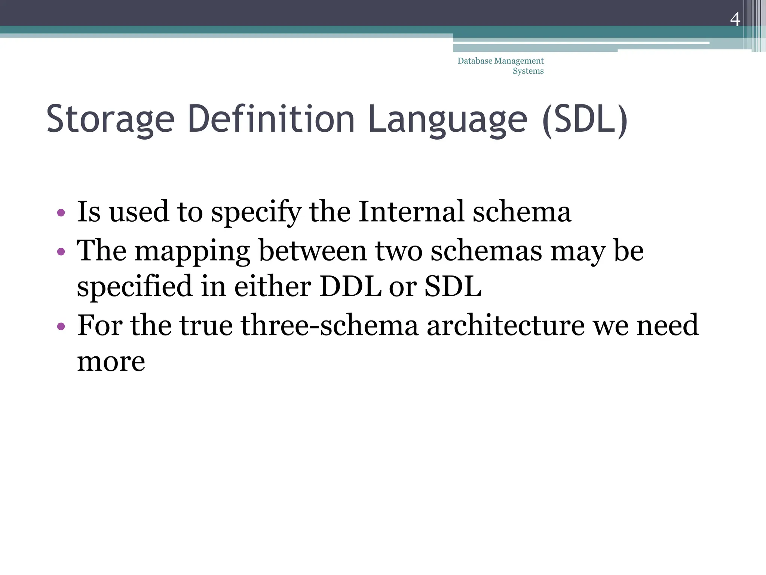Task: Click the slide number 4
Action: coord(735,19)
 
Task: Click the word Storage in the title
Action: coord(110,119)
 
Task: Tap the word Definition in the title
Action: coord(271,119)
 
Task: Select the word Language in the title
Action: coord(447,119)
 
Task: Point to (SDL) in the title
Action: coord(585,119)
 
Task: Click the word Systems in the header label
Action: coord(528,71)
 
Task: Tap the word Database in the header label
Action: coord(475,61)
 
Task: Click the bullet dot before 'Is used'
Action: coord(61,213)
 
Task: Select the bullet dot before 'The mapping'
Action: coord(61,252)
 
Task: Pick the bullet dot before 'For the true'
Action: coord(61,326)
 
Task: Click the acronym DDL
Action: coord(350,286)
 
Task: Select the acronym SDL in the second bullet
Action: coord(453,286)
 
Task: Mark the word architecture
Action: coord(506,325)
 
